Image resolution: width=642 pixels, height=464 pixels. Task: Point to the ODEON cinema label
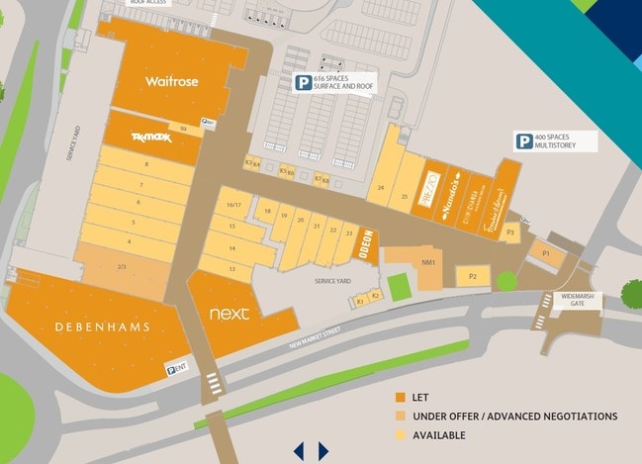(x=366, y=245)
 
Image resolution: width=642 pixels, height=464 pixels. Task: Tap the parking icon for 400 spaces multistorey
(x=522, y=141)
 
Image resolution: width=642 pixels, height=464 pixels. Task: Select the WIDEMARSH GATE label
(x=573, y=301)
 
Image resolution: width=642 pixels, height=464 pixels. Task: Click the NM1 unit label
(x=428, y=263)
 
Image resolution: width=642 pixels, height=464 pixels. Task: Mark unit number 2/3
(x=122, y=266)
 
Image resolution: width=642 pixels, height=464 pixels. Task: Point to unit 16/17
(x=234, y=205)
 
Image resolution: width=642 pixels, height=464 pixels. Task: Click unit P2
(x=473, y=277)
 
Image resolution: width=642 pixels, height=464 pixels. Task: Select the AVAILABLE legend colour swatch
(x=400, y=434)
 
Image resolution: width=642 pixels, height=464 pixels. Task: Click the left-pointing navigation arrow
(x=299, y=451)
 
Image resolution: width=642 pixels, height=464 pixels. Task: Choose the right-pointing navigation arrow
(x=322, y=451)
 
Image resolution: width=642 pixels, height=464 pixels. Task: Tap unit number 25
(x=405, y=196)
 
